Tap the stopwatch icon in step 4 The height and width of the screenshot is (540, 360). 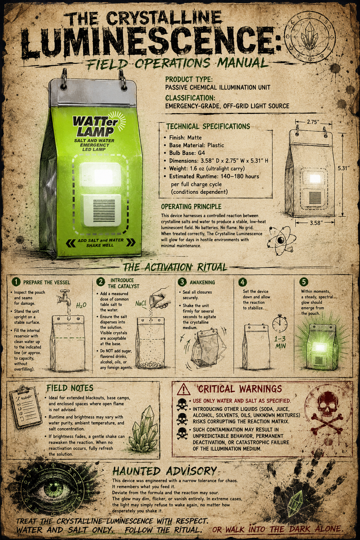pyautogui.click(x=280, y=323)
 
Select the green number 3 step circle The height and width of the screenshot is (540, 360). pyautogui.click(x=182, y=282)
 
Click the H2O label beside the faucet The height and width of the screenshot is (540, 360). pyautogui.click(x=81, y=306)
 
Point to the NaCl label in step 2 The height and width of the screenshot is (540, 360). pyautogui.click(x=141, y=303)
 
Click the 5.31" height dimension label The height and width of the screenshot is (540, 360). pyautogui.click(x=343, y=168)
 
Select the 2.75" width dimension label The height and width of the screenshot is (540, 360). pyautogui.click(x=313, y=122)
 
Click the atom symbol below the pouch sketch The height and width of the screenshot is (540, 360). pyautogui.click(x=281, y=240)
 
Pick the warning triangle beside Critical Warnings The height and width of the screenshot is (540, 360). pyautogui.click(x=184, y=389)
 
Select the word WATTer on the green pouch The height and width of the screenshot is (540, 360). pyautogui.click(x=95, y=121)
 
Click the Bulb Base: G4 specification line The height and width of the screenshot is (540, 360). pyautogui.click(x=187, y=153)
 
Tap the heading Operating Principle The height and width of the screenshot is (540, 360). pyautogui.click(x=191, y=207)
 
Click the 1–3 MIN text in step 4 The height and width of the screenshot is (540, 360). pyautogui.click(x=280, y=342)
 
